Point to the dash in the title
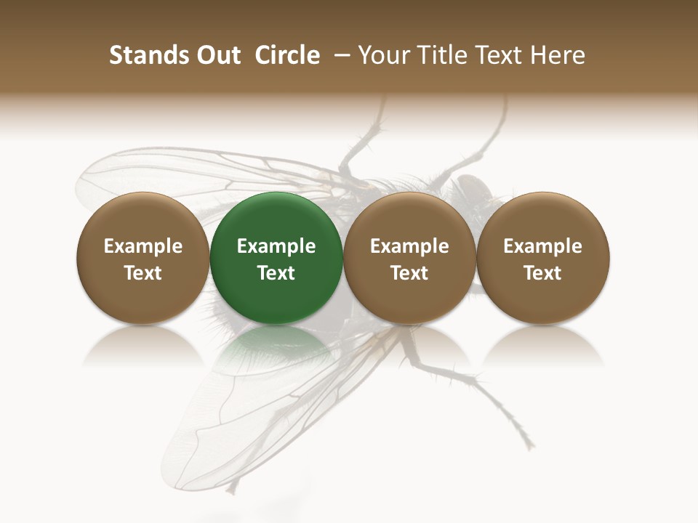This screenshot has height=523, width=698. coord(339,56)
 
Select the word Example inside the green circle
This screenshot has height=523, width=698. coord(276,246)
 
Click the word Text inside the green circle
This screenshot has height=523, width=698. coord(276,273)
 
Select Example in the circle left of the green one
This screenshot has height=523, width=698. coord(143,246)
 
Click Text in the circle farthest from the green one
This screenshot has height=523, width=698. coord(542,273)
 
